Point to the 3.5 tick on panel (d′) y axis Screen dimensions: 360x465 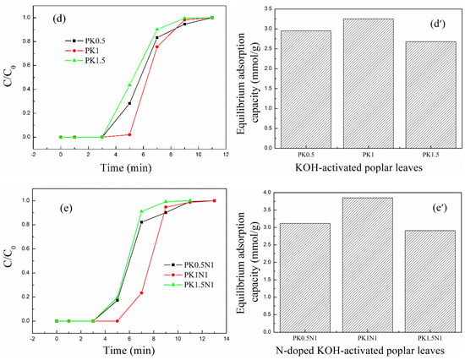pos(270,8)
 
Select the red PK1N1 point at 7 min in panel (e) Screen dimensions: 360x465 pos(141,292)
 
